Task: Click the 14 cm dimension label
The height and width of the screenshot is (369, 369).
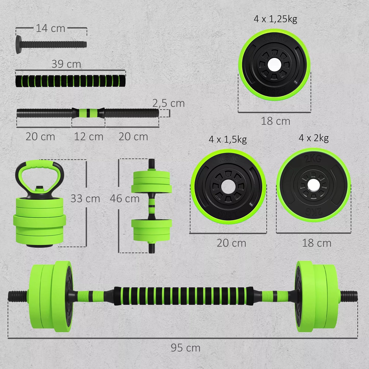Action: click(50, 28)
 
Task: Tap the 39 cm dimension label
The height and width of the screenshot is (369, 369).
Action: click(66, 64)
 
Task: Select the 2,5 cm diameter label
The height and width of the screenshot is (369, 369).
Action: click(169, 103)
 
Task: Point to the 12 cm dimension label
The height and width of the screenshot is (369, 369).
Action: click(89, 137)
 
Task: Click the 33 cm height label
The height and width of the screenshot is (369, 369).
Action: click(85, 199)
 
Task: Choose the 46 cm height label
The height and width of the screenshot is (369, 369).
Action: click(125, 199)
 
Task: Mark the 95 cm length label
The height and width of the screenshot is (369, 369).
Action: click(185, 348)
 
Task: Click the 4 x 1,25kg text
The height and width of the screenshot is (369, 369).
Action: click(275, 19)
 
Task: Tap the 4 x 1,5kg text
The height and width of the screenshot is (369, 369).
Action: click(228, 139)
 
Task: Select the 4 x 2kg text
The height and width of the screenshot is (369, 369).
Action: click(314, 138)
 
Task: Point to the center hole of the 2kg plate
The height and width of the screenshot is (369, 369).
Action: click(314, 185)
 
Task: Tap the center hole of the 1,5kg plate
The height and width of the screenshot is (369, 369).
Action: click(228, 187)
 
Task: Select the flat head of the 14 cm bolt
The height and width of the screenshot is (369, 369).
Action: click(18, 44)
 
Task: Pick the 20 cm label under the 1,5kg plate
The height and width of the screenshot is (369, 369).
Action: click(231, 243)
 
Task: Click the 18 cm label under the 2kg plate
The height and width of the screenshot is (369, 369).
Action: click(317, 243)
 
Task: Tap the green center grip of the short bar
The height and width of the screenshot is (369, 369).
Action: click(88, 113)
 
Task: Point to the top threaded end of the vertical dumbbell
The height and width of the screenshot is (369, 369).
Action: click(152, 163)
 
